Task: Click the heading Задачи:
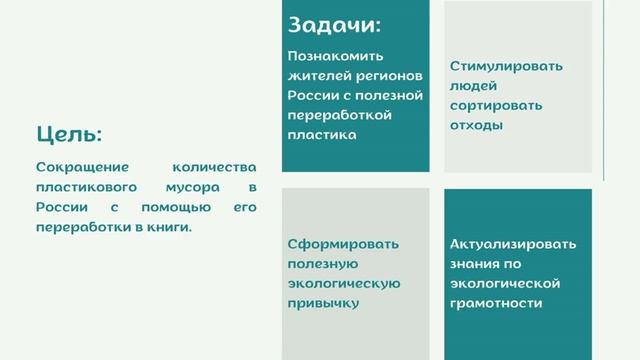(x=334, y=25)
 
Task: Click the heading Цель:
(x=69, y=134)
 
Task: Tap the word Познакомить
(x=335, y=56)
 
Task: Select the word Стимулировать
(x=506, y=66)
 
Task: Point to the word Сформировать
(x=343, y=243)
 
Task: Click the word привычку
(x=323, y=302)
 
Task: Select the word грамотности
(x=496, y=302)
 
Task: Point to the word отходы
(x=476, y=126)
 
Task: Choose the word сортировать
(x=496, y=106)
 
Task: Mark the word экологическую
(x=344, y=283)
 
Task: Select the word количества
(x=214, y=167)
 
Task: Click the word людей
(x=473, y=86)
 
